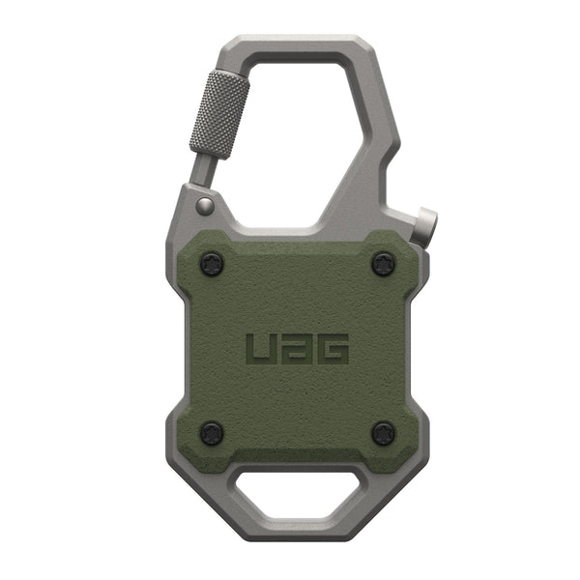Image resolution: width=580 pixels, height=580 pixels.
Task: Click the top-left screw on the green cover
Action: (x=212, y=263)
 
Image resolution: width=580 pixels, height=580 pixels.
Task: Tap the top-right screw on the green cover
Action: (x=384, y=263)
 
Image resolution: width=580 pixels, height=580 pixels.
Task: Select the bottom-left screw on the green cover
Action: (x=212, y=432)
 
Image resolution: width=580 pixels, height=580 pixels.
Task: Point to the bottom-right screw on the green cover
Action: (x=384, y=432)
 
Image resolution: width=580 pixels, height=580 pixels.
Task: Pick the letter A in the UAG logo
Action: (x=297, y=349)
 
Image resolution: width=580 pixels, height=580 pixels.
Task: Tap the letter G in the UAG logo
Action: (x=333, y=349)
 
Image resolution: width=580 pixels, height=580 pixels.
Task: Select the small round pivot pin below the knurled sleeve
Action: (x=204, y=205)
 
